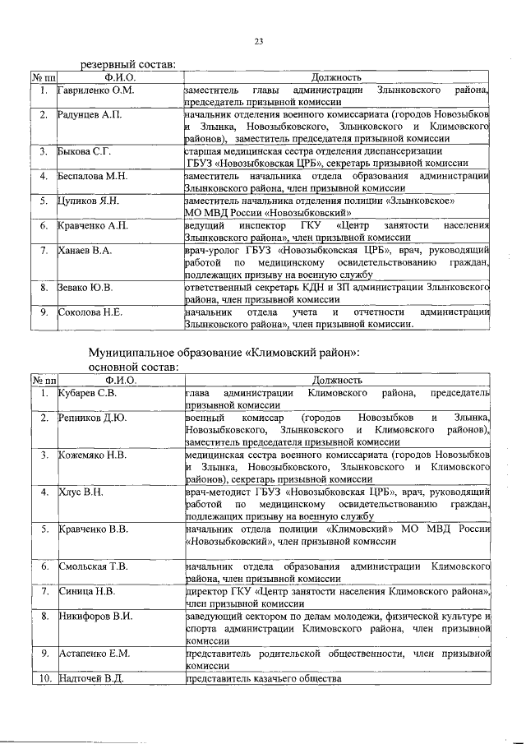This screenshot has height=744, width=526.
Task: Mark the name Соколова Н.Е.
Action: (90, 312)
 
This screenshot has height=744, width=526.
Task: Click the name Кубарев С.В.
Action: (87, 395)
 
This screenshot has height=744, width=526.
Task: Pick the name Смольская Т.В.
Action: (93, 566)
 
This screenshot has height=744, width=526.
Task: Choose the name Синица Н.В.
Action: (85, 591)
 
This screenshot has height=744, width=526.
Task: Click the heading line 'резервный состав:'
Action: (127, 63)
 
